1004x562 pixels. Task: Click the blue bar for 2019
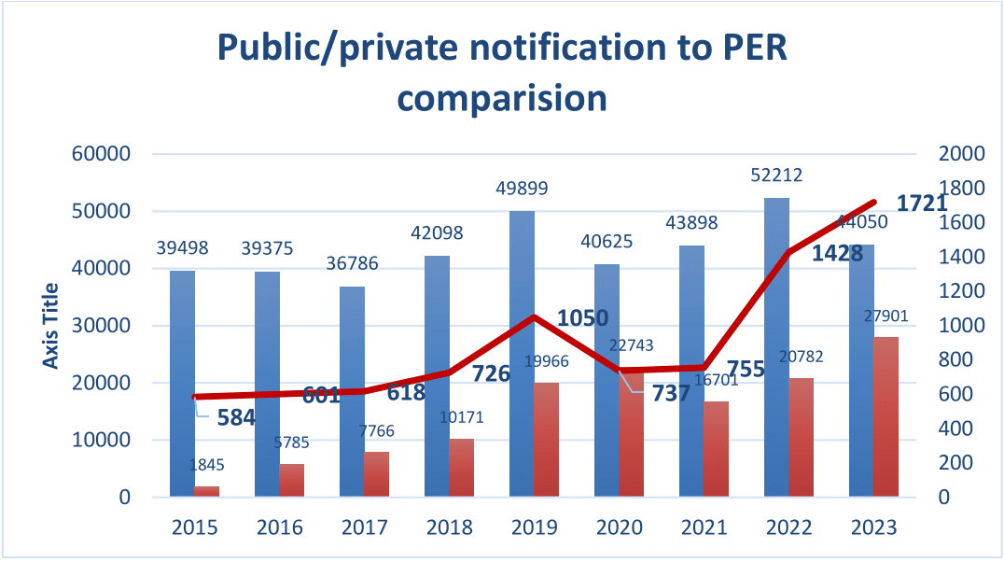tap(522, 355)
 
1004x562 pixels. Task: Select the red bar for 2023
tap(885, 416)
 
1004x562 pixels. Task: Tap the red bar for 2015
tap(207, 491)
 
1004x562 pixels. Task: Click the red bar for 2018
tap(462, 467)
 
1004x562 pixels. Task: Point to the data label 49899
tap(522, 189)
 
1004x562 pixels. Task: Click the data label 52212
tap(776, 176)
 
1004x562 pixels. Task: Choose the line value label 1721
tap(922, 204)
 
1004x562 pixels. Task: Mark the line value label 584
tap(236, 417)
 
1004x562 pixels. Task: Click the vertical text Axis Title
tap(51, 326)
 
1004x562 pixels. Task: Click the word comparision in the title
tap(503, 96)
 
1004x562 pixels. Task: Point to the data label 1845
tap(205, 465)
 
